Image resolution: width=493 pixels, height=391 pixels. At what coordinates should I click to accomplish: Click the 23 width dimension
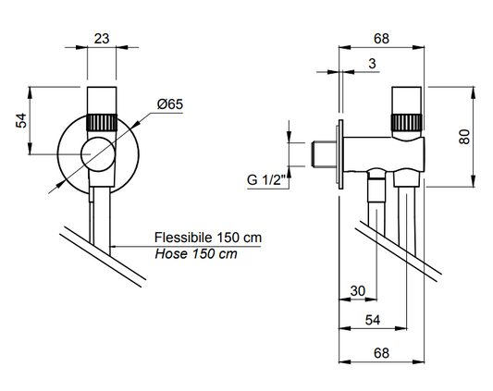(102, 39)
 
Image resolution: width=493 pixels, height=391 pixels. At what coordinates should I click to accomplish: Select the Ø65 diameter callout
(170, 104)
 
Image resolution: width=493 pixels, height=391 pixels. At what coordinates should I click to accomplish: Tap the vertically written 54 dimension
(21, 120)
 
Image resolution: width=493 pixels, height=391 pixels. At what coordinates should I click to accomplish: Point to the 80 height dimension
(464, 137)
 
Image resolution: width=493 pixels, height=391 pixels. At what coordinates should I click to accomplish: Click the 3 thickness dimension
(372, 64)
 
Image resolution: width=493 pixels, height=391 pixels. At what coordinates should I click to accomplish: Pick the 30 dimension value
(358, 291)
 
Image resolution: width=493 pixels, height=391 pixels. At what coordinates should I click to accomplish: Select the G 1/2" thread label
(266, 179)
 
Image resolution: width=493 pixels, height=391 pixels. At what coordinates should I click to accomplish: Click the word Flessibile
(183, 238)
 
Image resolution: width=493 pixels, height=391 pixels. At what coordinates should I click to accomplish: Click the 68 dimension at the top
(381, 39)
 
